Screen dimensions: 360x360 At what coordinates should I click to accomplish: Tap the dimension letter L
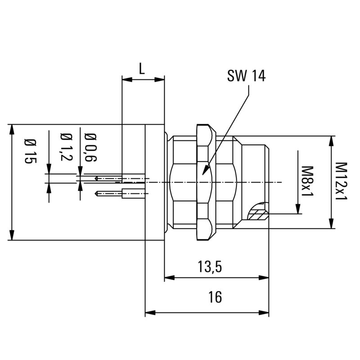click(142, 69)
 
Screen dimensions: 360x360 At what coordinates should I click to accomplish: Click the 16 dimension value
click(215, 297)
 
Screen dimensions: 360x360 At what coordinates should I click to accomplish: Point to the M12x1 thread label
click(342, 182)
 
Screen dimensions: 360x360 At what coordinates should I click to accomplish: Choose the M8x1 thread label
click(307, 182)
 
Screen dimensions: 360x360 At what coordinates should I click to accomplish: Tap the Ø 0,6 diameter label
click(90, 147)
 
